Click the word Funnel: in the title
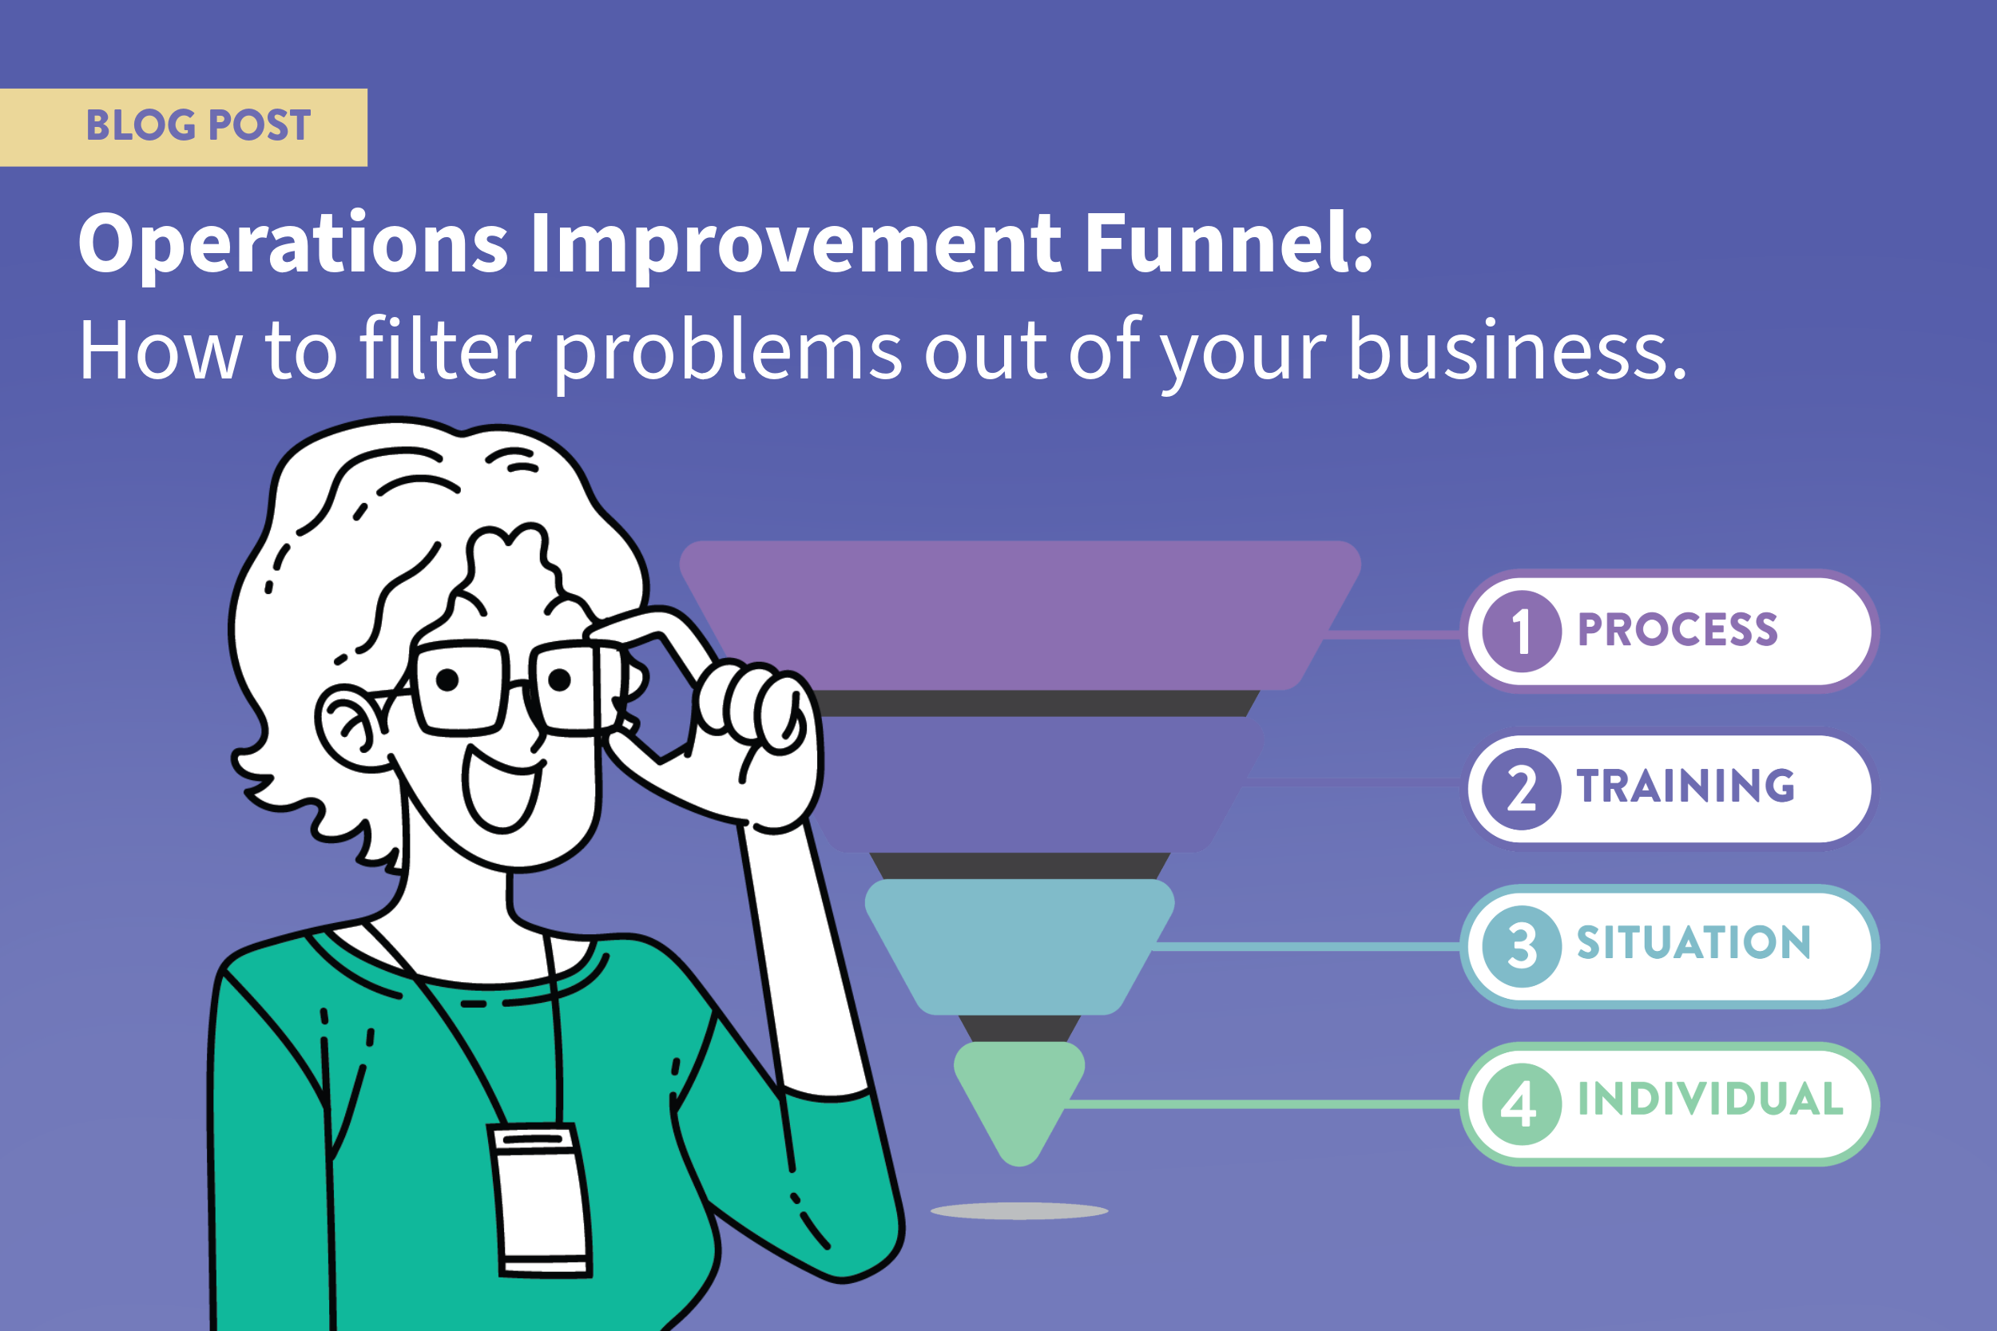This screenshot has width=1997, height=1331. (1229, 244)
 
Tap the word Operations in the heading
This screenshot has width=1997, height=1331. (293, 244)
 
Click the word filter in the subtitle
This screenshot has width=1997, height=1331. (445, 350)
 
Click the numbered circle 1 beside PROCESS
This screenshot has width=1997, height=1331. (1521, 632)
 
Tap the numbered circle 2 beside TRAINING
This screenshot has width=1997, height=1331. (1521, 789)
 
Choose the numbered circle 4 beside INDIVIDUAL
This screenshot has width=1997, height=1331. (1521, 1103)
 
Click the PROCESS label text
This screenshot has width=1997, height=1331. (1677, 630)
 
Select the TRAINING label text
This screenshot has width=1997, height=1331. (1685, 786)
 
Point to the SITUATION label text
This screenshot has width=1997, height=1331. (1694, 943)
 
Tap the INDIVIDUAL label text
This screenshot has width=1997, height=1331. (1710, 1100)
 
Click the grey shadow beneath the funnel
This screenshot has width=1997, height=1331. (1019, 1211)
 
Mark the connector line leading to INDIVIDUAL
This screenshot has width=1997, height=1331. (1265, 1104)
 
